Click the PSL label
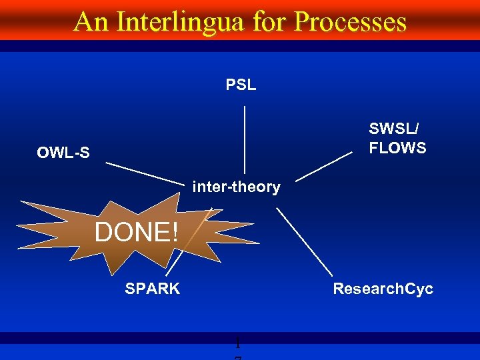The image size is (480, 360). (x=241, y=85)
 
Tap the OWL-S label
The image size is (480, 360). (x=63, y=153)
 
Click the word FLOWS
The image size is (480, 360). (x=397, y=148)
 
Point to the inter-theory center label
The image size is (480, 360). (x=236, y=187)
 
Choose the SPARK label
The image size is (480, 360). (x=152, y=289)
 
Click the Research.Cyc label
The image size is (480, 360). (x=383, y=289)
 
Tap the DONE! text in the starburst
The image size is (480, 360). (x=137, y=233)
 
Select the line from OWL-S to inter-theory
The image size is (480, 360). (x=143, y=173)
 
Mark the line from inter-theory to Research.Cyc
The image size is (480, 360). (x=304, y=241)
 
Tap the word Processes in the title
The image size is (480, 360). (x=350, y=21)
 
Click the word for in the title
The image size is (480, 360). (x=271, y=21)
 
